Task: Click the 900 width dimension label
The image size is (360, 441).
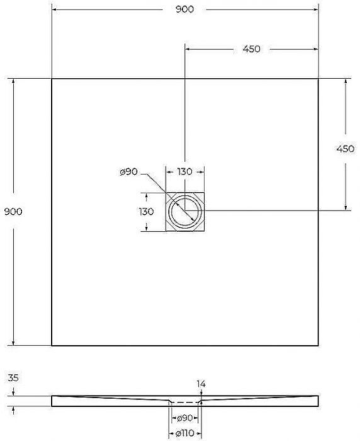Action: pyautogui.click(x=185, y=9)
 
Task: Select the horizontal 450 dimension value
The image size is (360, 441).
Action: pyautogui.click(x=251, y=49)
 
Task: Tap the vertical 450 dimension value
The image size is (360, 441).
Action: pyautogui.click(x=346, y=149)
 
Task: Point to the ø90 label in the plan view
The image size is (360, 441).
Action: pyautogui.click(x=128, y=173)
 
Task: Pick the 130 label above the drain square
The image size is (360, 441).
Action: pyautogui.click(x=184, y=171)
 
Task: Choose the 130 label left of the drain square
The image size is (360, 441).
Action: pyautogui.click(x=147, y=212)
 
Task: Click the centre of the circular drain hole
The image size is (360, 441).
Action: pyautogui.click(x=185, y=212)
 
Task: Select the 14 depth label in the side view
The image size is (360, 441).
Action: pyautogui.click(x=201, y=383)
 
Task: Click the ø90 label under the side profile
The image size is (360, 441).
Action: pyautogui.click(x=184, y=418)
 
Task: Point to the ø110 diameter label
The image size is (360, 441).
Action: pyautogui.click(x=184, y=434)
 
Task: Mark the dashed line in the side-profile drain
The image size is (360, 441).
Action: pyautogui.click(x=184, y=401)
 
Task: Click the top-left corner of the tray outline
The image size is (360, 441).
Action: pyautogui.click(x=52, y=78)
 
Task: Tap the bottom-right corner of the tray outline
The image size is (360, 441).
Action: pyautogui.click(x=318, y=345)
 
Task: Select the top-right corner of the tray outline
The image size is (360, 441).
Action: pyautogui.click(x=318, y=78)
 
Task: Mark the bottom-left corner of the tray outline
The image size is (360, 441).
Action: pyautogui.click(x=52, y=345)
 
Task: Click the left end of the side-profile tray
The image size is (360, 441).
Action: pyautogui.click(x=52, y=401)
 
